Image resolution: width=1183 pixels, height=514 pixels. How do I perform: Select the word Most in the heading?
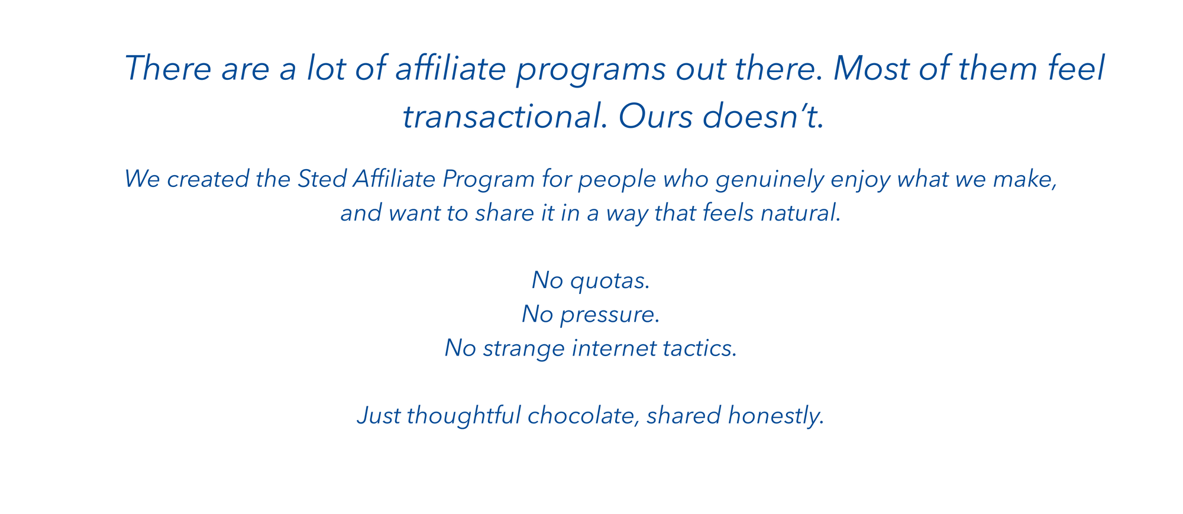[870, 69]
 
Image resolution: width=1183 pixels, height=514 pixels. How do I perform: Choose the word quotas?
[610, 281]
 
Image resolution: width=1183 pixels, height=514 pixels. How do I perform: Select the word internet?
[613, 348]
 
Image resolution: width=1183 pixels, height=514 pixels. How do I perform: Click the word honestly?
[776, 416]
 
